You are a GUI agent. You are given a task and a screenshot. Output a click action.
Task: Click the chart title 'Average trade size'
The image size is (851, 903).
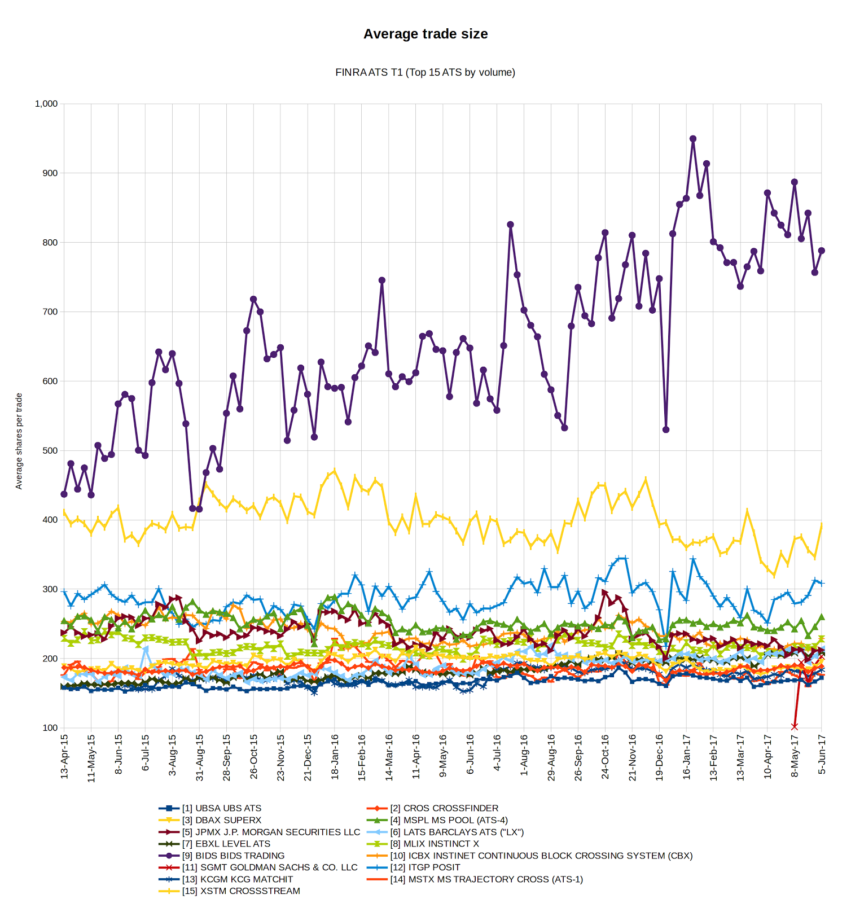pos(425,34)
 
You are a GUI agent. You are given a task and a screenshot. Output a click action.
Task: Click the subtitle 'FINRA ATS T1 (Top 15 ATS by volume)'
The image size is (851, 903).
pos(425,72)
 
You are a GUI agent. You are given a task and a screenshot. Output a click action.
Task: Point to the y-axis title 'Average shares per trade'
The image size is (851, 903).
pos(19,441)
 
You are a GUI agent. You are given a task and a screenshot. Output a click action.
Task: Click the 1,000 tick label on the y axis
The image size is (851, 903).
pos(46,104)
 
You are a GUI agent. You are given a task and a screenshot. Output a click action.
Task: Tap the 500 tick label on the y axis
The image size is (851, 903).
pos(50,450)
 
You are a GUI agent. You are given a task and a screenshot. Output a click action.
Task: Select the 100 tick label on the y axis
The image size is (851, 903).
pos(50,728)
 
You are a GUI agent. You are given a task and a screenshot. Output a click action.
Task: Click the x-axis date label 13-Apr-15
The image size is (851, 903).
pos(64,757)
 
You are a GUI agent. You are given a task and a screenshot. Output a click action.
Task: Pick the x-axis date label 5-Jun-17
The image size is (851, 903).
pos(822,754)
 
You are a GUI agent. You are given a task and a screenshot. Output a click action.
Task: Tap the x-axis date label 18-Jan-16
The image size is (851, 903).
pos(335,757)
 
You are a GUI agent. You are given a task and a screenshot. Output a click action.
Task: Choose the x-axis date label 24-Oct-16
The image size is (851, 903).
pos(605,757)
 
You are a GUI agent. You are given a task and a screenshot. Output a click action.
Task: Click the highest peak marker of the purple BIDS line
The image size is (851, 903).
pos(693,139)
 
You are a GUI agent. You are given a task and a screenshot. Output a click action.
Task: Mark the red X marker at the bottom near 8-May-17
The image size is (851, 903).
pos(795,726)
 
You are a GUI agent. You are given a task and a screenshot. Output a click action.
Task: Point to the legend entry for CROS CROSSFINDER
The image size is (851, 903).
pos(450,808)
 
